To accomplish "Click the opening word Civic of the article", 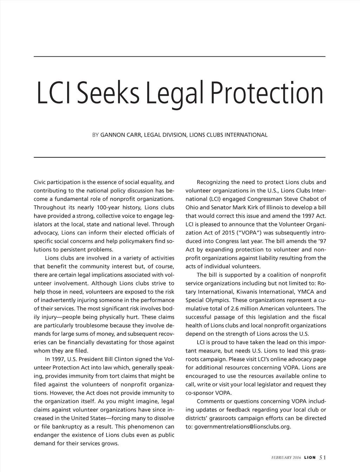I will point(40,182).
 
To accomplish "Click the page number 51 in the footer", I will point(322,457).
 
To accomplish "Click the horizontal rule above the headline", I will point(179,56).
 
